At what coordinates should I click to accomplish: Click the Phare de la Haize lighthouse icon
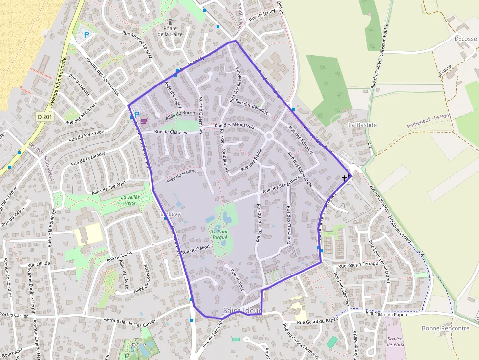170,22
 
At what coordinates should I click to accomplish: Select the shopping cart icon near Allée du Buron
144,121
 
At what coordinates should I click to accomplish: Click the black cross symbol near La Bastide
344,178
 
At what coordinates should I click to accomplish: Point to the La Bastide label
362,125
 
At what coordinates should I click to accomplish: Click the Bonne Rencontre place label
445,328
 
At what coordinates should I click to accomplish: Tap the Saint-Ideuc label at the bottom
243,311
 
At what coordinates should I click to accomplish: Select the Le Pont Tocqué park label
219,234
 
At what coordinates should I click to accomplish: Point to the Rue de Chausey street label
171,132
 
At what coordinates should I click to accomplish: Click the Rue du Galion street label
196,249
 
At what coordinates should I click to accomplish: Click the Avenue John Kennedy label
59,82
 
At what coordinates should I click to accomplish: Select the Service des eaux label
394,341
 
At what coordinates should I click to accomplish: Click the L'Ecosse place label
465,38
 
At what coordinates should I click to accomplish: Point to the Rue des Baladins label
252,106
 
